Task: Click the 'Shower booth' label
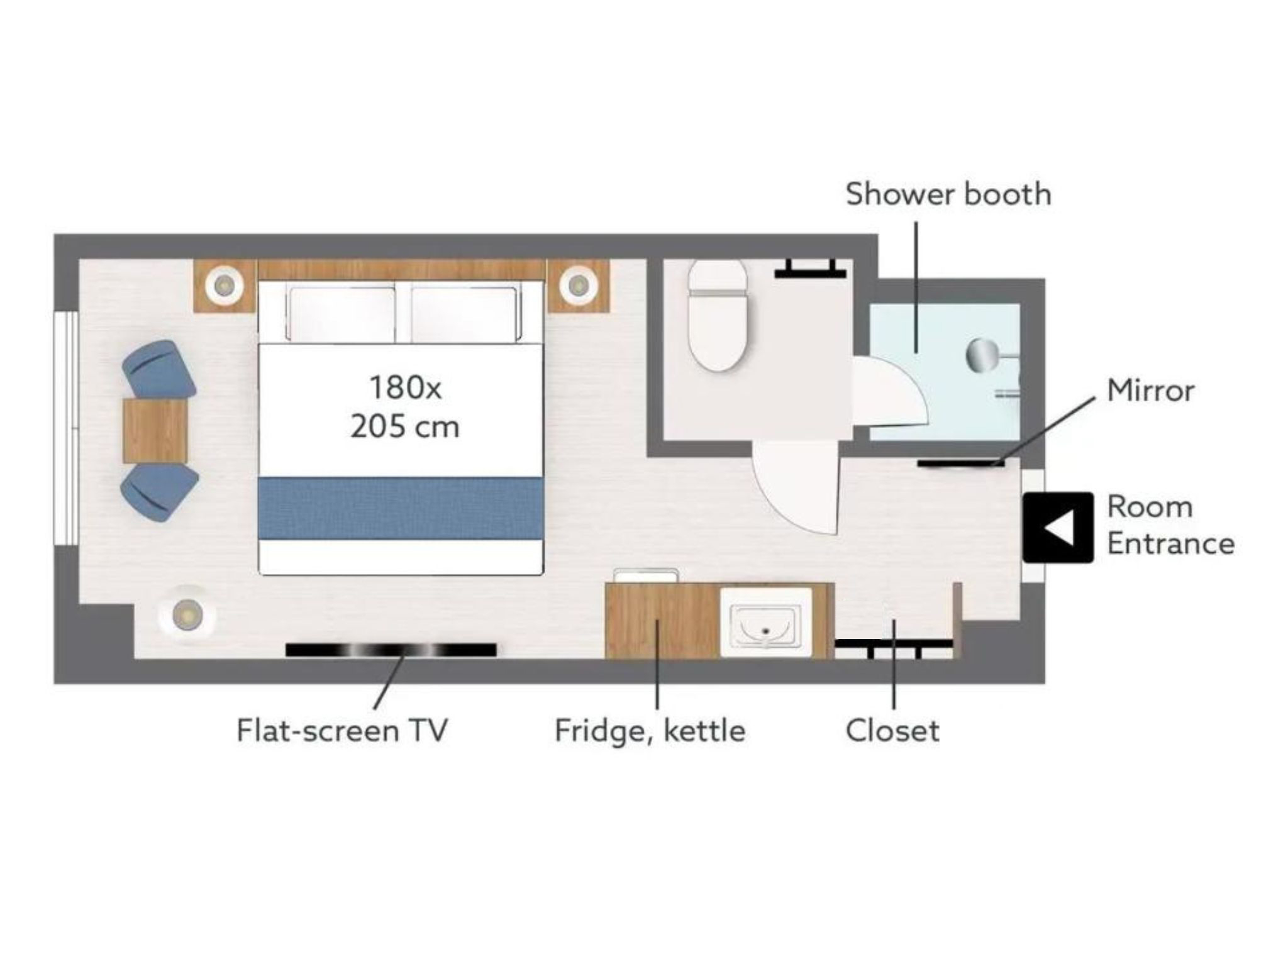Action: click(x=948, y=194)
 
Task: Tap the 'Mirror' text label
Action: click(x=1150, y=391)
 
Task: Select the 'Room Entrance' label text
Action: click(x=1170, y=525)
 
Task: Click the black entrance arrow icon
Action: click(x=1058, y=527)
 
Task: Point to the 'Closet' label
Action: click(x=892, y=731)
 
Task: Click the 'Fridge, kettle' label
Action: click(x=650, y=731)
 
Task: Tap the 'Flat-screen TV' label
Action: click(x=341, y=731)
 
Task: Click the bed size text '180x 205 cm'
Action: click(x=405, y=407)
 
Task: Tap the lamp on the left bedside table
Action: click(x=224, y=286)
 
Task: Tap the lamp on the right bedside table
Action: click(x=577, y=286)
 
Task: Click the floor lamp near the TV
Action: click(x=187, y=612)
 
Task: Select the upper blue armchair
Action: click(x=158, y=369)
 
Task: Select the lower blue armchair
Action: click(x=159, y=492)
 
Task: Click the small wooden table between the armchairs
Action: click(x=155, y=431)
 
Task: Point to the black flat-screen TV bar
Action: click(x=391, y=650)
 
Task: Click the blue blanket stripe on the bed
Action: click(x=401, y=508)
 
